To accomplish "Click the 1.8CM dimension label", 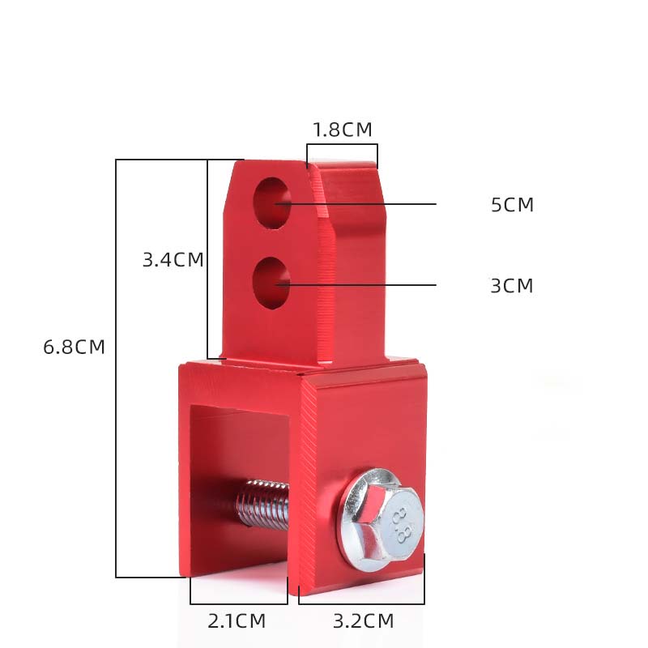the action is click(343, 130).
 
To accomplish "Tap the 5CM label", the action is click(513, 205).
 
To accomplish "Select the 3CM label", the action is click(512, 286).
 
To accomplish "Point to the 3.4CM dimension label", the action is click(173, 259).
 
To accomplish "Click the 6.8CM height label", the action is click(75, 347).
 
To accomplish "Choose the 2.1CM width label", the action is click(237, 621).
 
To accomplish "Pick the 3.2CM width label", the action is click(364, 621).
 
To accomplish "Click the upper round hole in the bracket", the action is click(272, 203).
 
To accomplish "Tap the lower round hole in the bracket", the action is click(271, 283).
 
